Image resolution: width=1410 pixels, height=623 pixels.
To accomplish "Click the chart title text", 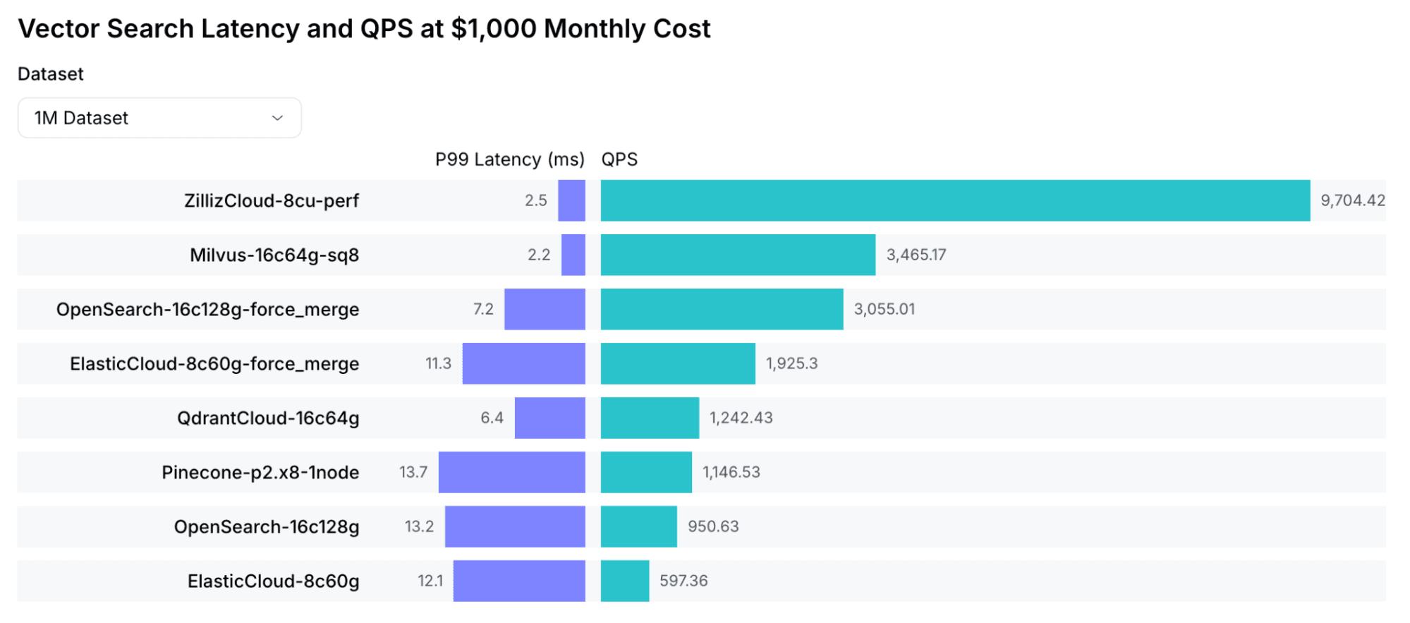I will click(x=364, y=29).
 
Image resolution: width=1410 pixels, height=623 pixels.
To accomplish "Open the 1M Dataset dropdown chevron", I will click(x=277, y=118).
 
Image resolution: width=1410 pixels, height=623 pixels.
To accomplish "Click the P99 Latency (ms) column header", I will click(x=509, y=159).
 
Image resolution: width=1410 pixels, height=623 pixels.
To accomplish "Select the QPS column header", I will click(x=619, y=159).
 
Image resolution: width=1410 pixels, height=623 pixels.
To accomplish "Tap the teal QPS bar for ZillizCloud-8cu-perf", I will click(x=955, y=200).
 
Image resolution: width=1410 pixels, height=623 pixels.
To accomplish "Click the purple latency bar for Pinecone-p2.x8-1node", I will click(x=511, y=472).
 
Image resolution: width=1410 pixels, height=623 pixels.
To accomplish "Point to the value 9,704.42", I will click(x=1352, y=200).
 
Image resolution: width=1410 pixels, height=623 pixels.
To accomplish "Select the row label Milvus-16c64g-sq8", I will click(x=274, y=255).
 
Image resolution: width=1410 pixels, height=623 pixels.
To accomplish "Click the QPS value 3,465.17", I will click(x=916, y=255).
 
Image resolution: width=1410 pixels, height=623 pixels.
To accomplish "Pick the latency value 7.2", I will click(x=483, y=309).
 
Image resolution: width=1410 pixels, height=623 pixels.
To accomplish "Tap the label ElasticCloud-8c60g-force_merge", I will click(x=214, y=363).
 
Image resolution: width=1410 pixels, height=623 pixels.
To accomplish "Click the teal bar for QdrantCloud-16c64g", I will click(x=650, y=418).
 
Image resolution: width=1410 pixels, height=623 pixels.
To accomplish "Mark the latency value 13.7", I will click(x=413, y=472).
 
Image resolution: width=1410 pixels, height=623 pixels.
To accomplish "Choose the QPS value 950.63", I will click(x=713, y=526).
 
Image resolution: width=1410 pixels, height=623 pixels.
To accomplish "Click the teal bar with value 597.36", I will click(x=625, y=581).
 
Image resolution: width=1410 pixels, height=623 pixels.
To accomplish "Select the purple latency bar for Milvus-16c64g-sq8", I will click(x=573, y=255).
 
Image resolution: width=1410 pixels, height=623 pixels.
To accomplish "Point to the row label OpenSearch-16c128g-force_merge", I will click(x=207, y=309).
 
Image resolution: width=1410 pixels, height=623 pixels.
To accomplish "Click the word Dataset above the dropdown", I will click(x=51, y=74).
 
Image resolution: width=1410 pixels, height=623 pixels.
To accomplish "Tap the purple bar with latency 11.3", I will click(x=523, y=363).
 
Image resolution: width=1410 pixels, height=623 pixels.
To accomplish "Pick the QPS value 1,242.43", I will click(x=741, y=418).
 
